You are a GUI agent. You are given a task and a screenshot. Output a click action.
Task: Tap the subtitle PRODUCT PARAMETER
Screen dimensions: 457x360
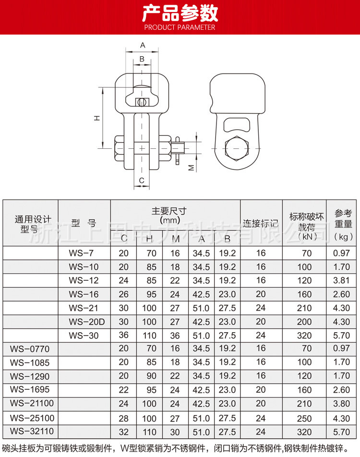(x=180, y=27)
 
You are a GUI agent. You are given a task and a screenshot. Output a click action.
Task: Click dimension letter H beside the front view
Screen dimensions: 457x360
(x=96, y=118)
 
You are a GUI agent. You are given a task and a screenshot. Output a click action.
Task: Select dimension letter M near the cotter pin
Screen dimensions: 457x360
(x=190, y=168)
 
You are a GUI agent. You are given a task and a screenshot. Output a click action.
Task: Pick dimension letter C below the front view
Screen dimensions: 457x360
(x=142, y=180)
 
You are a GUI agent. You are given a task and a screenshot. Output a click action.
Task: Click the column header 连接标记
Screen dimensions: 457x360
(x=261, y=223)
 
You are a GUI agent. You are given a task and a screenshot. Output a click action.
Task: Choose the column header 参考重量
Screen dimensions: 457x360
(x=343, y=224)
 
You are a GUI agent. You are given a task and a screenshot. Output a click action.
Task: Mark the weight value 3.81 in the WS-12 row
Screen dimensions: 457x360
(x=343, y=280)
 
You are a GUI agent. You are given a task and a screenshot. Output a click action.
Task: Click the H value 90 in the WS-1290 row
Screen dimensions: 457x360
(x=150, y=376)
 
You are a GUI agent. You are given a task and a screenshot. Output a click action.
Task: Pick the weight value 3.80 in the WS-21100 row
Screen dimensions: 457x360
(x=343, y=404)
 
